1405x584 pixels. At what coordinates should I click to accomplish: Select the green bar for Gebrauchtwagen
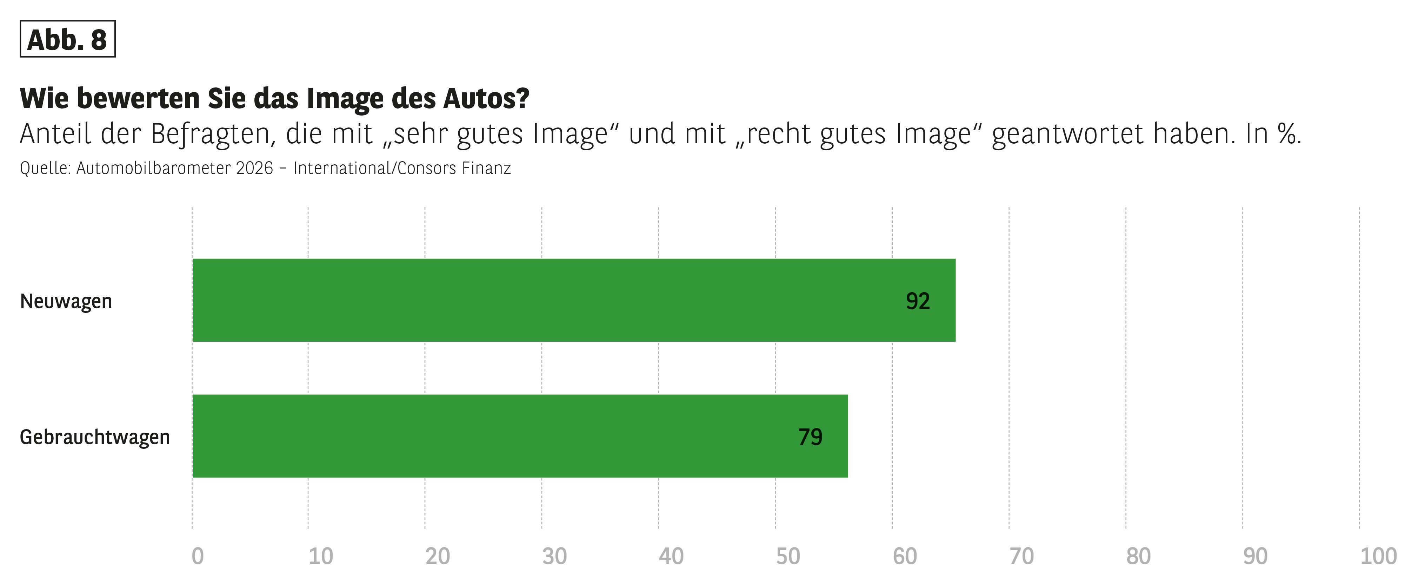tap(519, 436)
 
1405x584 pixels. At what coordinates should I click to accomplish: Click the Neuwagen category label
tap(66, 301)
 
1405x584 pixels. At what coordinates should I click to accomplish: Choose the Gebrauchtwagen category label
tap(95, 437)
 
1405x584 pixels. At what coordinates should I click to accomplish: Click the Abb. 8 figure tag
tap(67, 39)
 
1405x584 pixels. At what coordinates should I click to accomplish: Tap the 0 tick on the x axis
tap(198, 557)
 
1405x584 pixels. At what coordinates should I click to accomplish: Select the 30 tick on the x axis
tap(554, 557)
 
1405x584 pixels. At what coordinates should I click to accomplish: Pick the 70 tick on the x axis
tap(1021, 557)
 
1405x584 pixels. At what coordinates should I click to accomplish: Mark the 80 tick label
tap(1138, 557)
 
